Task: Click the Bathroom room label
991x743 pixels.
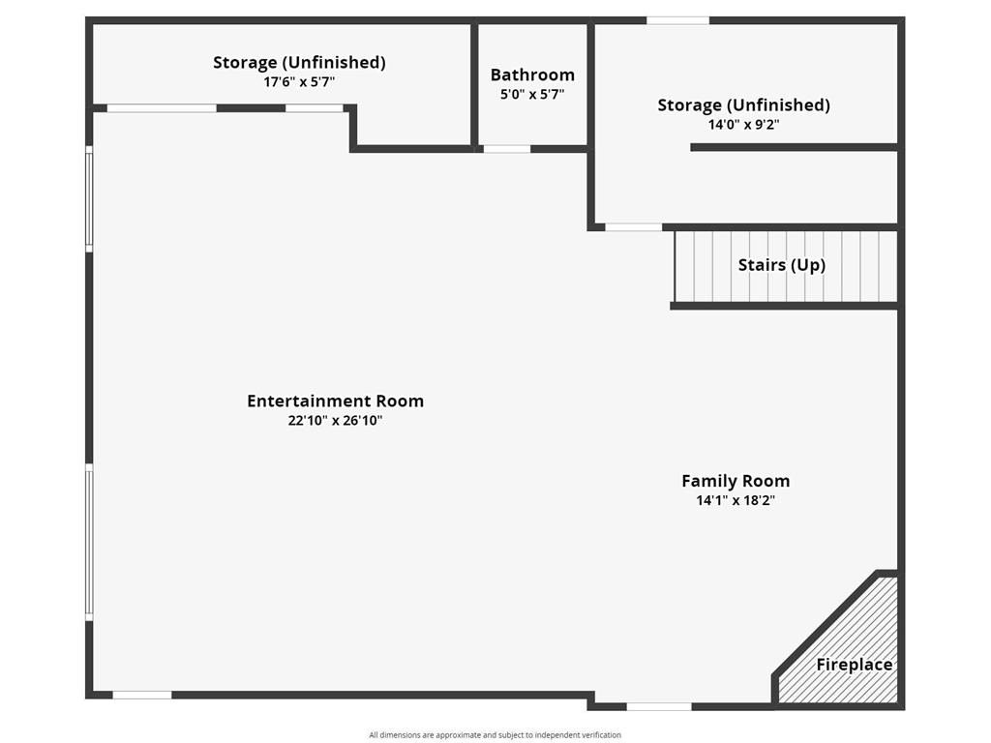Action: pos(532,75)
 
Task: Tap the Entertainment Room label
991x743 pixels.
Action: pos(335,401)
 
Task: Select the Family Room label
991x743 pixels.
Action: pos(736,482)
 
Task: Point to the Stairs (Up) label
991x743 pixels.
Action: pos(782,265)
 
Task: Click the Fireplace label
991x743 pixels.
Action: pos(855,665)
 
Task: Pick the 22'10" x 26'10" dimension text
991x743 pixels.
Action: pos(335,421)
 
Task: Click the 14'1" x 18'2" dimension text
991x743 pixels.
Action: pos(736,500)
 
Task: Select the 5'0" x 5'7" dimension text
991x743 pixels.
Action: pos(532,95)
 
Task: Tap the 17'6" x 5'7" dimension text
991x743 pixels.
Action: pos(299,82)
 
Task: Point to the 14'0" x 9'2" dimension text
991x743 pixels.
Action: pos(743,125)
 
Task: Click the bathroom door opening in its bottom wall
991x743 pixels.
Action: pos(507,149)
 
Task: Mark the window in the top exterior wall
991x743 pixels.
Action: pos(677,21)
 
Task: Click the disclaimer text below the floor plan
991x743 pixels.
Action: pos(495,735)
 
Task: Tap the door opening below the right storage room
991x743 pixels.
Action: pos(633,226)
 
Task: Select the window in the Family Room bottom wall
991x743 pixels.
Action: pos(658,706)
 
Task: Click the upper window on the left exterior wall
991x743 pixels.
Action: pos(89,198)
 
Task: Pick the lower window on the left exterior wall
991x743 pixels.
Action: pos(89,542)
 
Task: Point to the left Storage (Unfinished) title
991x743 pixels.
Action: pos(299,63)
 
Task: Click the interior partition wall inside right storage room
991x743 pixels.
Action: pos(794,147)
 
